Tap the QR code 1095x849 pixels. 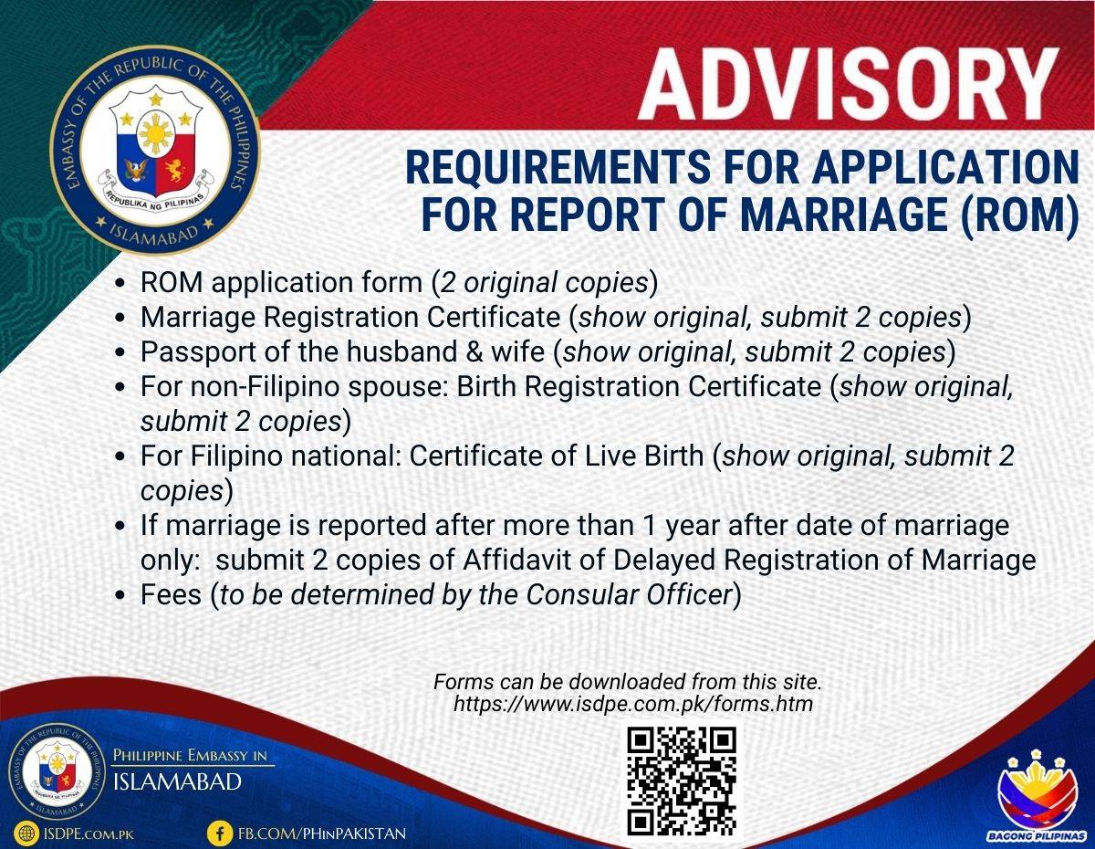[682, 781]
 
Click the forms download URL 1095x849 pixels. [633, 704]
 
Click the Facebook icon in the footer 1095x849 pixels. [220, 833]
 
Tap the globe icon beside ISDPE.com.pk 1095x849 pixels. [26, 833]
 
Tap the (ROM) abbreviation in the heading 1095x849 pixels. [1019, 215]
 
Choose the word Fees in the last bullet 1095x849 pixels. [172, 594]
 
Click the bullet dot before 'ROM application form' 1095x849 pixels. [120, 283]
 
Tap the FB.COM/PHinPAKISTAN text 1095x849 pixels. [321, 833]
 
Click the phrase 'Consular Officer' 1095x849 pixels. [629, 594]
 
